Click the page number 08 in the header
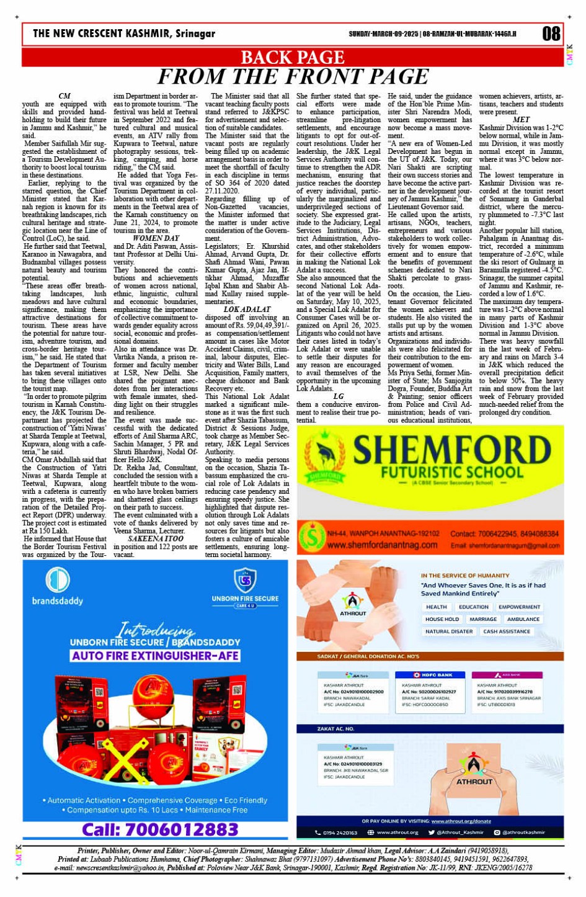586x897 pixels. point(551,33)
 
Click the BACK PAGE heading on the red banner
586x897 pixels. point(292,58)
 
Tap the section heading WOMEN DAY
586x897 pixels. point(156,238)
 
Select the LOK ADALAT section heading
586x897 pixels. point(247,309)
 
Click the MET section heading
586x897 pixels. point(522,120)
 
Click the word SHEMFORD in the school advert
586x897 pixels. point(452,451)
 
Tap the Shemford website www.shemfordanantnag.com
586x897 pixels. point(382,545)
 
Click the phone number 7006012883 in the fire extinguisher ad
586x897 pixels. point(160,829)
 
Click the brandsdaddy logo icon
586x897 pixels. point(57,579)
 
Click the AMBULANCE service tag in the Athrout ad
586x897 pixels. point(523,619)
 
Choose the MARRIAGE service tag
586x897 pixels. point(483,619)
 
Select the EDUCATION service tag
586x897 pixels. point(474,607)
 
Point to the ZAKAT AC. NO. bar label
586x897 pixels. point(335,729)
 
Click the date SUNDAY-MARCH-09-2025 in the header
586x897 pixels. point(383,33)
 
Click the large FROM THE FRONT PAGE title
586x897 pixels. point(292,77)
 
